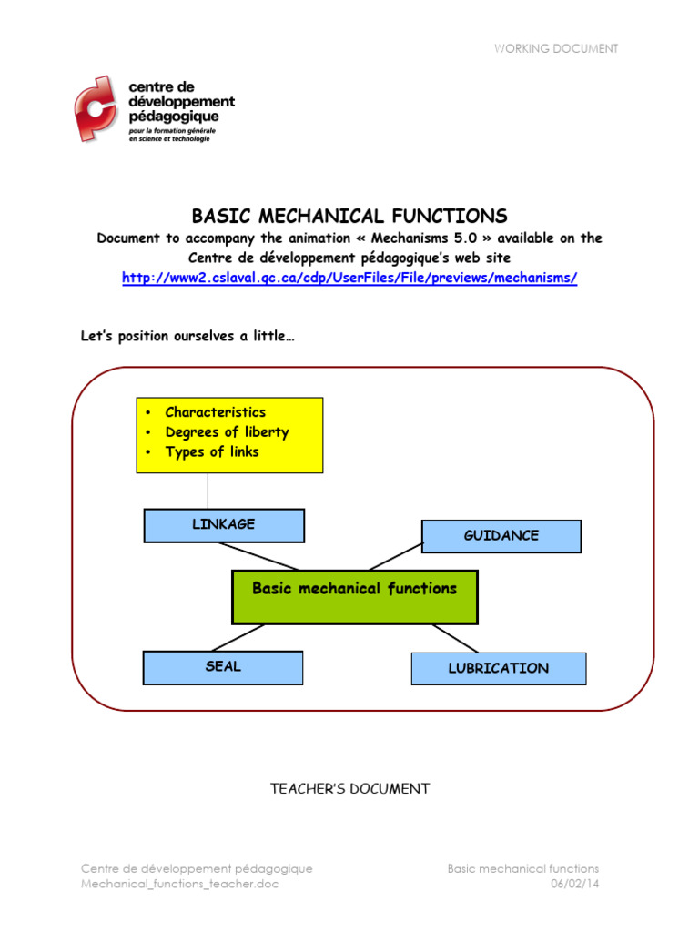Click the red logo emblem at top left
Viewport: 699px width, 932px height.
(95, 109)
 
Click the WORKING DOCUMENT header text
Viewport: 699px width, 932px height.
(555, 48)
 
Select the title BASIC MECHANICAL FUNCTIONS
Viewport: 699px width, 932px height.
(349, 216)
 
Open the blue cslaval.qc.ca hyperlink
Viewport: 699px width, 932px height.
(349, 278)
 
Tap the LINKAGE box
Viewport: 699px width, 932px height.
(224, 525)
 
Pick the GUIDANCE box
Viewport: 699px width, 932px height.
(501, 536)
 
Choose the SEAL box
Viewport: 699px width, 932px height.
(223, 667)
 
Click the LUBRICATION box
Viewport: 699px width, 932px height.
(498, 668)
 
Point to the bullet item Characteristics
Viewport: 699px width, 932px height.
(216, 412)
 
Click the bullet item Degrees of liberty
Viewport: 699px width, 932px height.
(227, 432)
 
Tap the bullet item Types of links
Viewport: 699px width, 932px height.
(212, 452)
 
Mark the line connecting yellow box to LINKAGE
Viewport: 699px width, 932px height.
(208, 491)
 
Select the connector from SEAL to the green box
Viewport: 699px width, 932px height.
(238, 638)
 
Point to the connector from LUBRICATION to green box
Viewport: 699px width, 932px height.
(455, 638)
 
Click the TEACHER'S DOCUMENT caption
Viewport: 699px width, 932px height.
(349, 789)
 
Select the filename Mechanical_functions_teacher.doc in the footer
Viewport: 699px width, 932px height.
(180, 885)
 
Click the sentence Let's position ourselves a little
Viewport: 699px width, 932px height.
(187, 337)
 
